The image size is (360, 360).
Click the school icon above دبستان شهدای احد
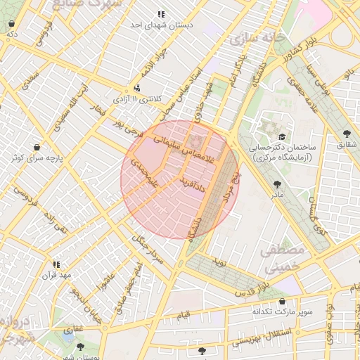[161, 14]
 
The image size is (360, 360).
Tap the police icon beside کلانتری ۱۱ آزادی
[137, 89]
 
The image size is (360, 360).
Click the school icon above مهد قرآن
[56, 264]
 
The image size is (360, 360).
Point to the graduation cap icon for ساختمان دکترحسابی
[282, 137]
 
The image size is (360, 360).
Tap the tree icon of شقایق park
[347, 134]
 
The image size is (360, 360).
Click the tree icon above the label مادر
[274, 184]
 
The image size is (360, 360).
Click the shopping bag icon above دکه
[12, 24]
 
